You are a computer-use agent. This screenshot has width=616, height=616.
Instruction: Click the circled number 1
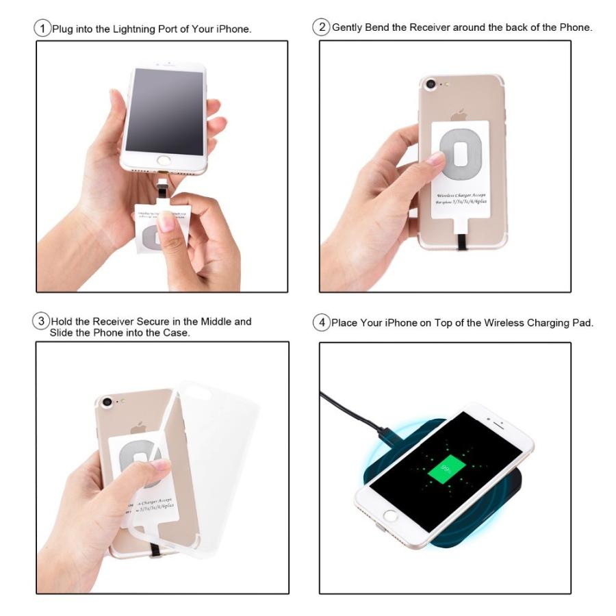43,28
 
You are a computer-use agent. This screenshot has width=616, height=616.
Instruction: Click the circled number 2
321,27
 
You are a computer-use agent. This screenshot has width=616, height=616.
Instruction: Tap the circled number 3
42,321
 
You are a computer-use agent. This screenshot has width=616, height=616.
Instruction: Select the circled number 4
322,322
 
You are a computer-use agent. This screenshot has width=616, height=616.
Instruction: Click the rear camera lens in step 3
107,402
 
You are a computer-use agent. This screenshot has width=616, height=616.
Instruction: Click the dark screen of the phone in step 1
164,110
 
